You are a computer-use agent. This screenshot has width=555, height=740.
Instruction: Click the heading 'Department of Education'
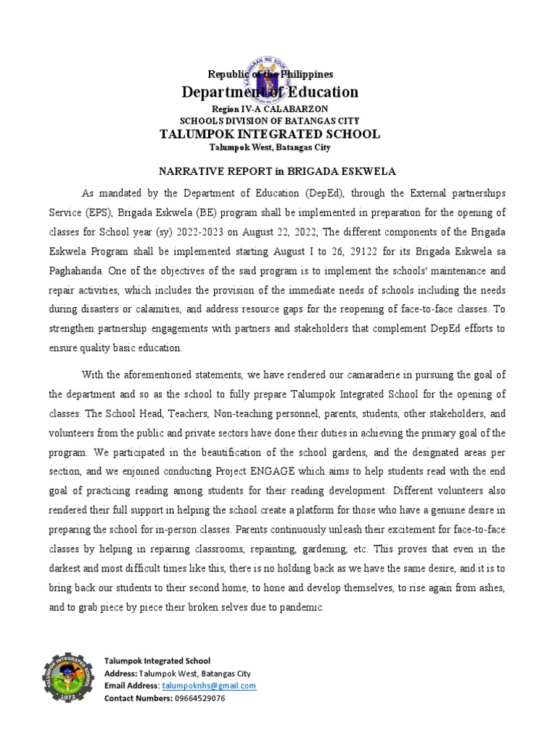tap(270, 92)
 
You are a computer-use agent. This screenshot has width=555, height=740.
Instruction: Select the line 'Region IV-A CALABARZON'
tap(269, 108)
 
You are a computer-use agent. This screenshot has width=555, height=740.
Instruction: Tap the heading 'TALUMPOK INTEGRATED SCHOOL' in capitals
tap(269, 134)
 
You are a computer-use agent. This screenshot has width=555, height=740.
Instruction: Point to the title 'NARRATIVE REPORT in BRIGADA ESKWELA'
tap(269, 171)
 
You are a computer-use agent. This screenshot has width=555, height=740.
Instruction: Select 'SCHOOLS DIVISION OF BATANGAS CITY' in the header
tap(269, 120)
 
